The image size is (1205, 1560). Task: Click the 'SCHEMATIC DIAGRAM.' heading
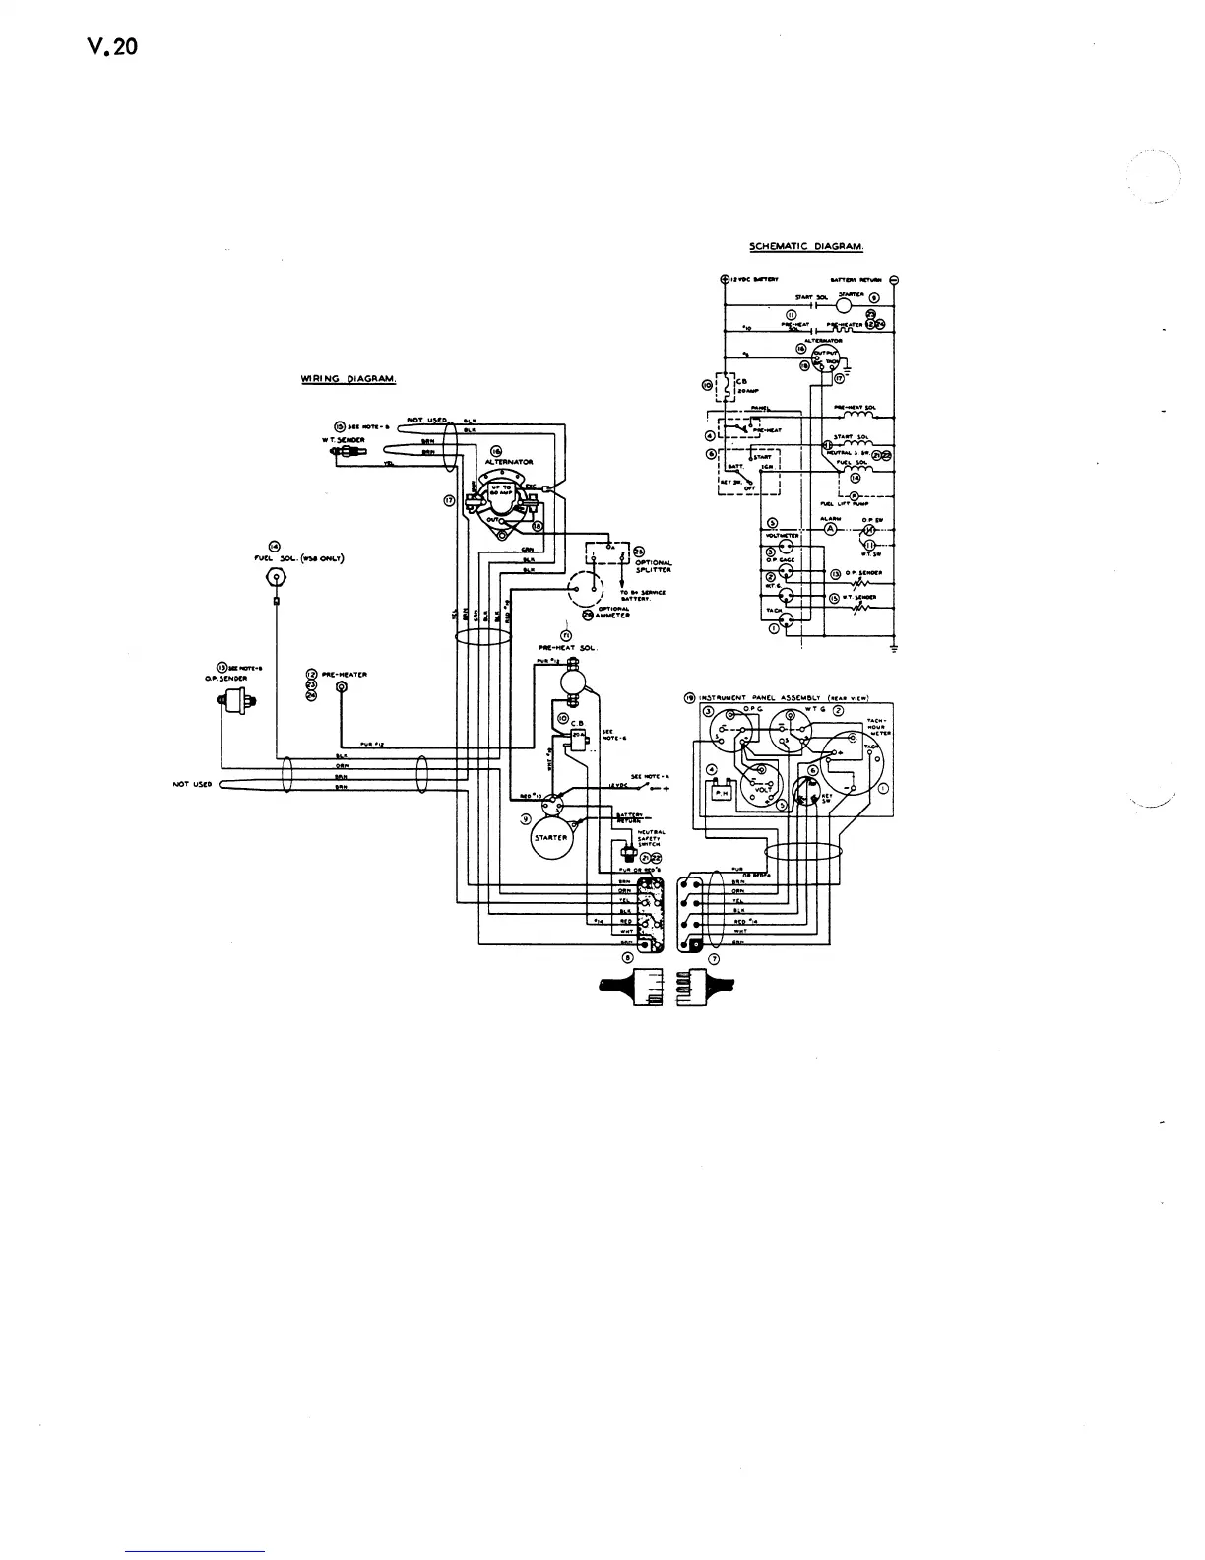(806, 246)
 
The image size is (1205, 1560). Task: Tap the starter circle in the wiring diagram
(552, 837)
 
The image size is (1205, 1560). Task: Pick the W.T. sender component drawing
(346, 451)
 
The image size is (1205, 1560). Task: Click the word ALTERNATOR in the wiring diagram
(509, 461)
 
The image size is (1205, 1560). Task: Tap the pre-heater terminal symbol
(341, 686)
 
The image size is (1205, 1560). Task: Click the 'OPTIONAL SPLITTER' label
(653, 565)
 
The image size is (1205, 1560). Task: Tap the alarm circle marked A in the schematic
(829, 529)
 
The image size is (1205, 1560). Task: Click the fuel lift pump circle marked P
(854, 495)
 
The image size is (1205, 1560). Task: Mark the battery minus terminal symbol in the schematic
(894, 279)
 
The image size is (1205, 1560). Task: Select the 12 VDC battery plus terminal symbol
(725, 279)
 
